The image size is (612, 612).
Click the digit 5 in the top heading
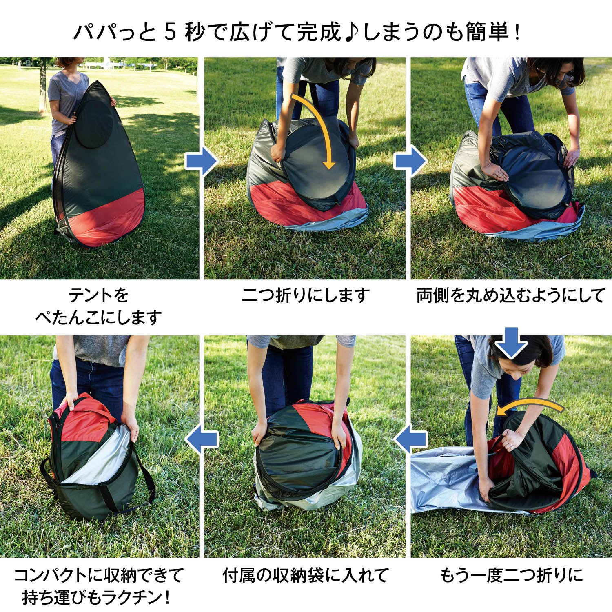click(x=170, y=32)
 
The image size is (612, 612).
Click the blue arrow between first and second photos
click(x=202, y=161)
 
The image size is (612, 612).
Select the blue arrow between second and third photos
click(x=410, y=161)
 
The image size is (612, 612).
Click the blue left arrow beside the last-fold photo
click(x=410, y=439)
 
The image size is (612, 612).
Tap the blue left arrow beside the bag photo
click(x=202, y=439)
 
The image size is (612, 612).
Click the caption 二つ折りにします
click(x=306, y=295)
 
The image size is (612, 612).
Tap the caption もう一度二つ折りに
click(x=511, y=575)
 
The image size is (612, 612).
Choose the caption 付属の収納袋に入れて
click(x=306, y=575)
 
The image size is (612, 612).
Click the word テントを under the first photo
click(x=99, y=295)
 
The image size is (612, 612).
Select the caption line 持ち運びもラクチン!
click(x=96, y=598)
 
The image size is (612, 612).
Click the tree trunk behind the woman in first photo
click(x=42, y=88)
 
